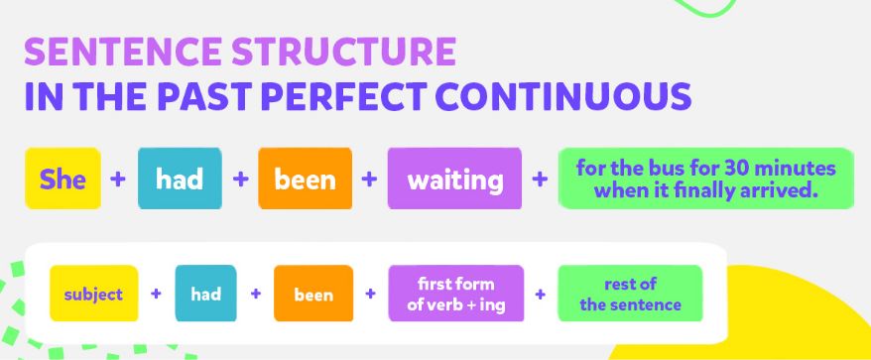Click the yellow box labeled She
(x=62, y=179)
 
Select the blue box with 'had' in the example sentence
(x=180, y=179)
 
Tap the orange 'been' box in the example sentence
(x=305, y=179)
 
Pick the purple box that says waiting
(x=454, y=179)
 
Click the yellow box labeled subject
(x=94, y=294)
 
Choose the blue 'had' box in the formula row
(x=205, y=294)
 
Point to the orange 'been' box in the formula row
(x=313, y=294)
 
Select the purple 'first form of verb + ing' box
(x=456, y=294)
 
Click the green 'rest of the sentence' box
(x=630, y=294)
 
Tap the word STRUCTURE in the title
(x=344, y=52)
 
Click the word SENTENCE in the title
(x=123, y=52)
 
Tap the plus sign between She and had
(x=118, y=179)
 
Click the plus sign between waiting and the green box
(x=540, y=179)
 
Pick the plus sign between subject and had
(x=156, y=294)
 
